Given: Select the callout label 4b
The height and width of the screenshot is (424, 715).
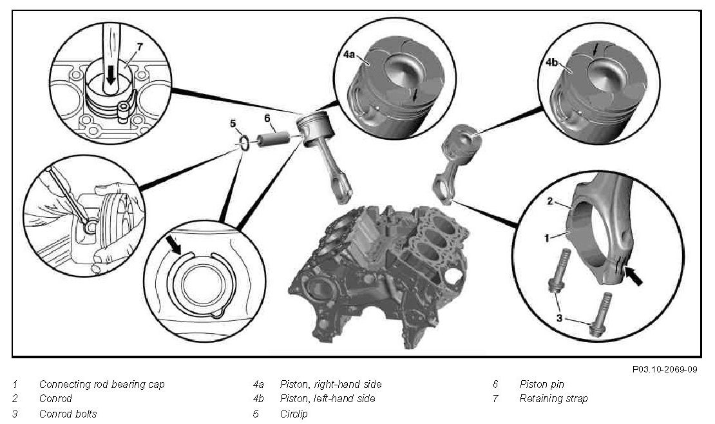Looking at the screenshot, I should coord(552,63).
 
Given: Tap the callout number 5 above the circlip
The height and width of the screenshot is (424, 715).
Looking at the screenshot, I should coord(234,124).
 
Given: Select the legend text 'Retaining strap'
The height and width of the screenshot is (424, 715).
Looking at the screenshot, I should coord(553,399).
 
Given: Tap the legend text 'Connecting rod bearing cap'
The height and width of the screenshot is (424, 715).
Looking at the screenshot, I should coord(102,384).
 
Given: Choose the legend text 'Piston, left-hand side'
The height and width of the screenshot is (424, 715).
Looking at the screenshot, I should coord(327,399).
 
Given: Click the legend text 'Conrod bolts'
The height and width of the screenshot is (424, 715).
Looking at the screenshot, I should coord(68,414).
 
